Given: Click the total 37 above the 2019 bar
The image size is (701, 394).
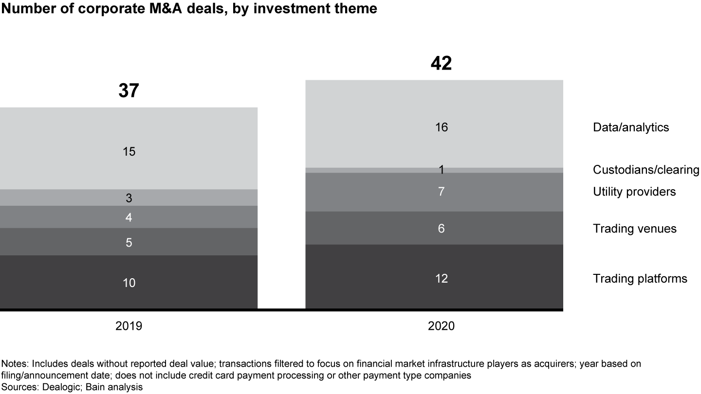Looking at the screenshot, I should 129,91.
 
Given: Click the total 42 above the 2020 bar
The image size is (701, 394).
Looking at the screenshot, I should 441,64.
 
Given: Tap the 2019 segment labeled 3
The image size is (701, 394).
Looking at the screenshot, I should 129,198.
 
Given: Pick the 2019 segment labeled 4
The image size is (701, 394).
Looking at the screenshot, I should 129,217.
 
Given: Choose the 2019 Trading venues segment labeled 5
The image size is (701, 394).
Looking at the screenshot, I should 129,242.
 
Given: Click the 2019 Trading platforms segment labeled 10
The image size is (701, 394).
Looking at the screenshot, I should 129,283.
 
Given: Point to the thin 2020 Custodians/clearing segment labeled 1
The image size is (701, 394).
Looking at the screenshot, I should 441,170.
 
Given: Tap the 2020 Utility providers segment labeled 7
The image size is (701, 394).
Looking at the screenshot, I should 441,192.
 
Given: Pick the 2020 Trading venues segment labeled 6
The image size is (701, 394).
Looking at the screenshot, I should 441,228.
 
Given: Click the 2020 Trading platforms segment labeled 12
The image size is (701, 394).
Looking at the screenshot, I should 441,278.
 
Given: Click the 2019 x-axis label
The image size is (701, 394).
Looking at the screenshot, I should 129,326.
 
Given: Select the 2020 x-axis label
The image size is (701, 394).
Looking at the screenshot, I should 441,326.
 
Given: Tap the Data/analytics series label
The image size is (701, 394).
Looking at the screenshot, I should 631,127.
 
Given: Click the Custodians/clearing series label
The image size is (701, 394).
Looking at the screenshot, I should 646,170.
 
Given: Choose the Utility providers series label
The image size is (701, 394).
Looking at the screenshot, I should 634,192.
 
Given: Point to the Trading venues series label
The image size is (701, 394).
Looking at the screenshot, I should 634,229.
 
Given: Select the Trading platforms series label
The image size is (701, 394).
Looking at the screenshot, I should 640,279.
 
